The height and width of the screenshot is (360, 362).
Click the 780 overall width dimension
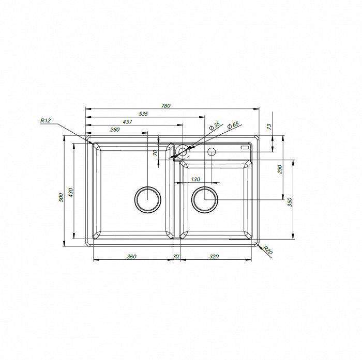166,106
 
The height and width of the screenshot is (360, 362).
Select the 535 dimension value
143,114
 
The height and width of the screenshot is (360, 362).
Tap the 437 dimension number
127,121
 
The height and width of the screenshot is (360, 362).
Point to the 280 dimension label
115,129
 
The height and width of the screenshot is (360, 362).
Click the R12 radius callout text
46,120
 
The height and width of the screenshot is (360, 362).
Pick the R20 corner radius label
267,250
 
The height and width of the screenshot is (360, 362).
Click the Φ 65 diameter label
233,125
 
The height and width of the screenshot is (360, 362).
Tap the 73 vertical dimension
269,127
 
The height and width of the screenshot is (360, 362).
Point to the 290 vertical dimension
280,169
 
